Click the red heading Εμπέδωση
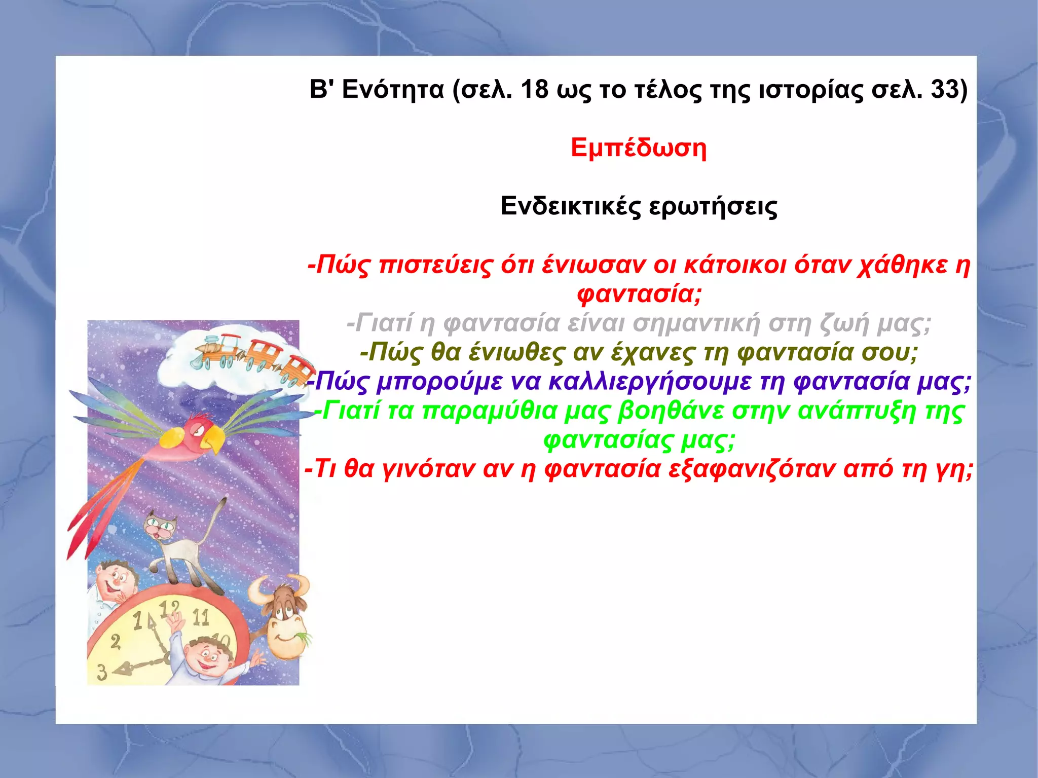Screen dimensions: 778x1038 click(x=638, y=149)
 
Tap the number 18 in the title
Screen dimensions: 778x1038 click(x=535, y=90)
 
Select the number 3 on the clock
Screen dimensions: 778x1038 click(x=102, y=672)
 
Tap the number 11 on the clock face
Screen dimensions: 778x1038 click(x=201, y=617)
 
